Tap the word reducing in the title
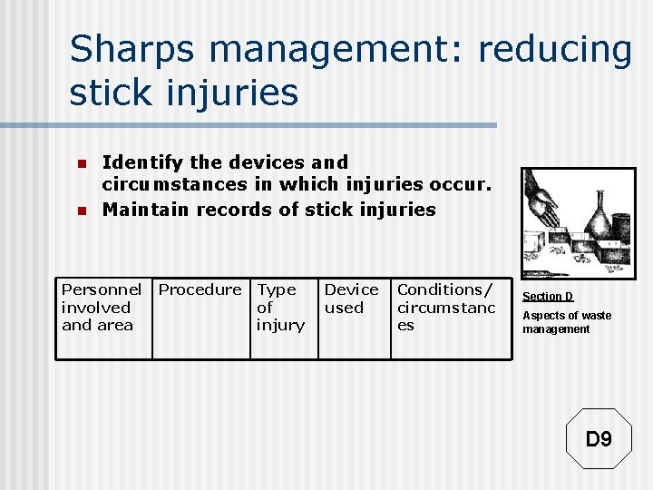[x=554, y=49]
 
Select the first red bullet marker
[x=80, y=164]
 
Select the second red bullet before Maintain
[x=80, y=211]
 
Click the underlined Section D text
[x=548, y=297]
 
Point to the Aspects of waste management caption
[x=566, y=322]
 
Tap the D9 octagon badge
[x=599, y=439]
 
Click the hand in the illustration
[x=542, y=205]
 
